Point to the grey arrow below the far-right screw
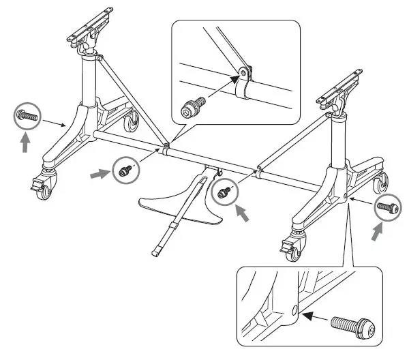tap(377, 232)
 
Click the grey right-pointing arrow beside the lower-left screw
tap(100, 175)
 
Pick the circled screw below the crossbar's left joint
tap(125, 170)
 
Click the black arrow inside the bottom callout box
tap(314, 316)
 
